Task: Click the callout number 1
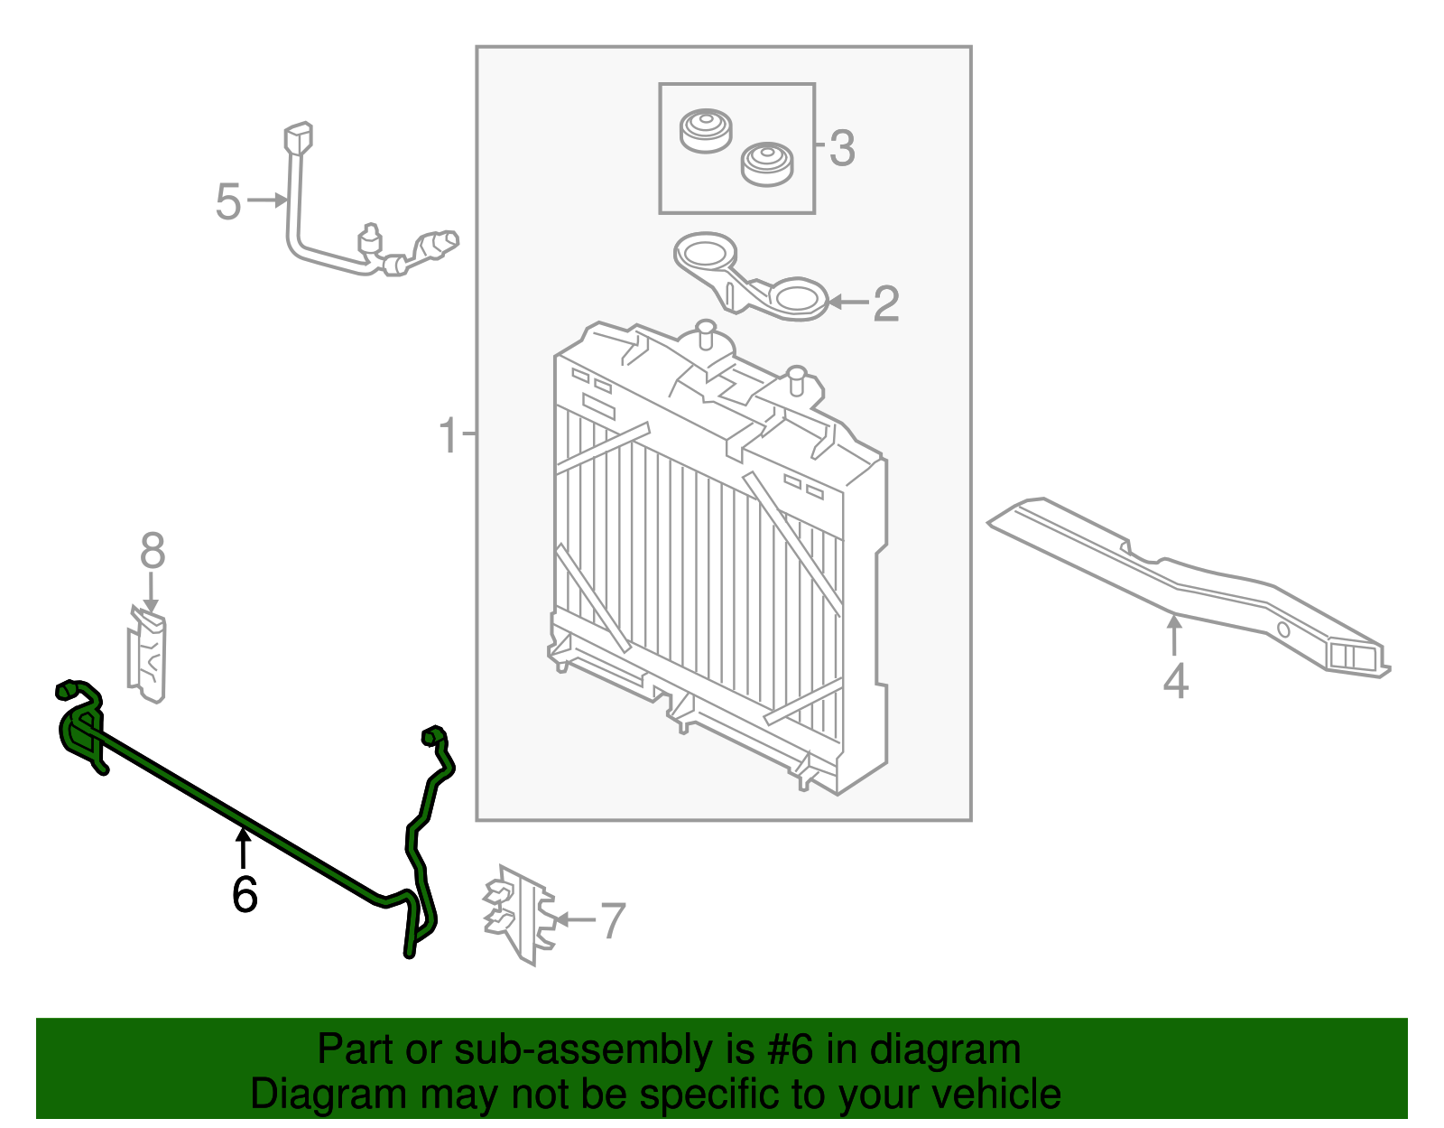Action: [449, 435]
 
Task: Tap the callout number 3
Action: [841, 147]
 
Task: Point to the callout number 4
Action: [1174, 681]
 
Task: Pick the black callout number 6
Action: [245, 894]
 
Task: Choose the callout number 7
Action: [613, 920]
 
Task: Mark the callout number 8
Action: [153, 550]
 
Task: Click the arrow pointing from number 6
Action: [243, 849]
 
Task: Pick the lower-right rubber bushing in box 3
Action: [766, 163]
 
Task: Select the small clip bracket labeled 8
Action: [148, 655]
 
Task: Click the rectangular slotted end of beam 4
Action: [1354, 657]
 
